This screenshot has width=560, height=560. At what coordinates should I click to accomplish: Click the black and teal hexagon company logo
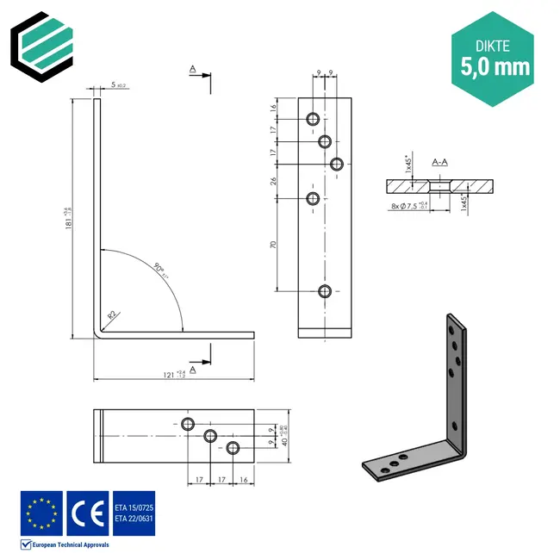coord(43,43)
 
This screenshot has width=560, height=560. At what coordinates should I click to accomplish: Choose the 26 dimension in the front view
coord(273,181)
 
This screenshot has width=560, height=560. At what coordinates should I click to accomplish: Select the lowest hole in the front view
coord(325,290)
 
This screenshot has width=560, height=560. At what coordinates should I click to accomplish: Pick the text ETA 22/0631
coord(133,519)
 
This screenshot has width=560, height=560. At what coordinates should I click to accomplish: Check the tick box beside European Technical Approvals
coord(26,544)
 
